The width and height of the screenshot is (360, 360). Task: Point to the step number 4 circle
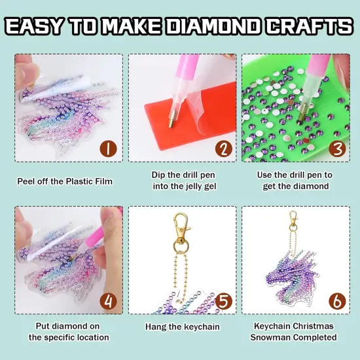point(109,301)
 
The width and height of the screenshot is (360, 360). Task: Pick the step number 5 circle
point(223,301)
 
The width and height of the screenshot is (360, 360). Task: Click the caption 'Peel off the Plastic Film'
point(65,181)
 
